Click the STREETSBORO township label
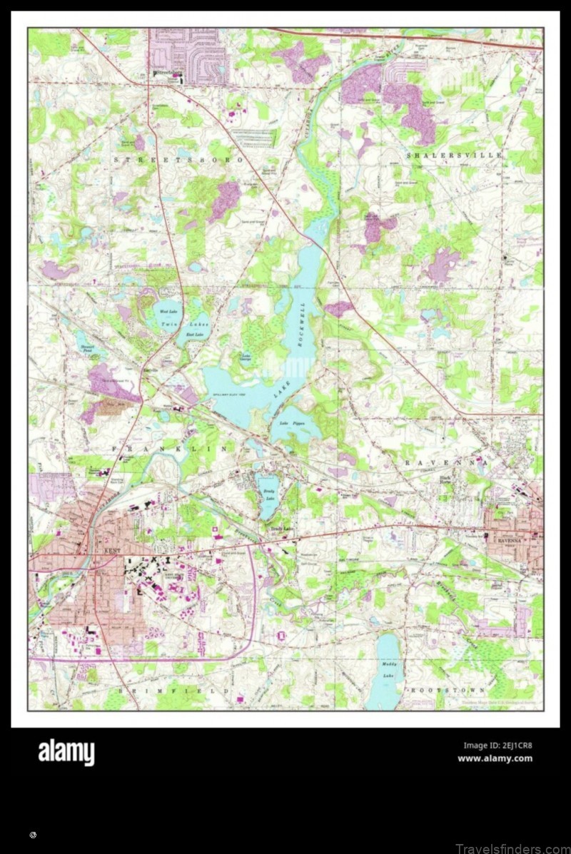pyautogui.click(x=178, y=161)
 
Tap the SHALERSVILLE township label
pyautogui.click(x=455, y=155)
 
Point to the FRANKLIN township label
pyautogui.click(x=170, y=449)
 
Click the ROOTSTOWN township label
pyautogui.click(x=447, y=691)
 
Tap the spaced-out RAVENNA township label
pyautogui.click(x=447, y=463)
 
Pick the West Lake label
pyautogui.click(x=168, y=312)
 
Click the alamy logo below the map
pyautogui.click(x=66, y=752)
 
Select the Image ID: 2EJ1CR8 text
pyautogui.click(x=497, y=746)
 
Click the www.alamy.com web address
pyautogui.click(x=495, y=758)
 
